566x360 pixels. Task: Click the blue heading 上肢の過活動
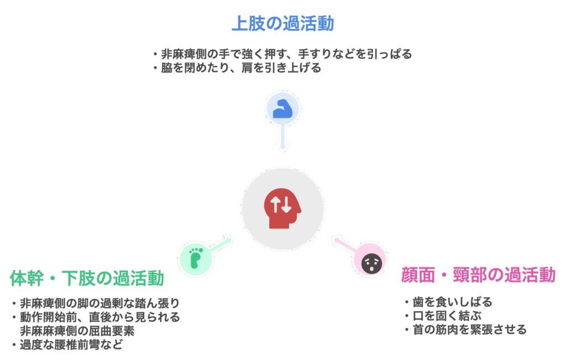[x=282, y=23]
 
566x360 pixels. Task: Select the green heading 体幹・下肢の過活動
[x=87, y=278]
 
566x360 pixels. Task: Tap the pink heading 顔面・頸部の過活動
[x=478, y=275]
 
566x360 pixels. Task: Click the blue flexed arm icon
[x=282, y=109]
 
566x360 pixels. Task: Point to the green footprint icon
[x=196, y=258]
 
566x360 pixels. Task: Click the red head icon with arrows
[x=282, y=208]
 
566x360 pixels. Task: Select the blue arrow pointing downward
[x=282, y=137]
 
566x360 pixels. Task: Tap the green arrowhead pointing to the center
[x=228, y=240]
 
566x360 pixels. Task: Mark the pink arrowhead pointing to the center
[x=337, y=241]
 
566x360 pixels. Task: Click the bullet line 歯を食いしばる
[x=449, y=302]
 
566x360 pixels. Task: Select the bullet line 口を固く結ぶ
[x=443, y=316]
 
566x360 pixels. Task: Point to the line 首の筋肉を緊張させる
[x=465, y=330]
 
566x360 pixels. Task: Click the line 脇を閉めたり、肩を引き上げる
[x=237, y=68]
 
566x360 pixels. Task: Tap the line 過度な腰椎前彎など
[x=67, y=345]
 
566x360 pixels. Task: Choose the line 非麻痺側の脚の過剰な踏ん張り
[x=96, y=303]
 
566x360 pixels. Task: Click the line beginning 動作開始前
[x=96, y=317]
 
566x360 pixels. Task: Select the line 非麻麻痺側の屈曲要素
[x=77, y=331]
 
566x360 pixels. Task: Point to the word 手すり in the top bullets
[x=315, y=54]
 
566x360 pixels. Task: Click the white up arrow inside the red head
[x=275, y=205]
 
